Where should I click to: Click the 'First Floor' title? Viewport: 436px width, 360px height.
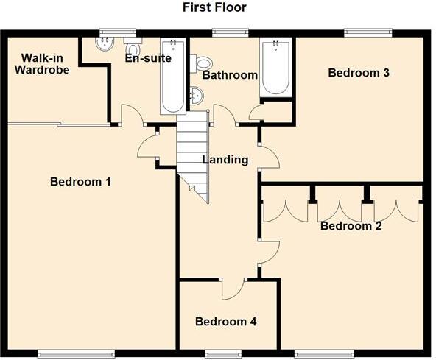coord(214,8)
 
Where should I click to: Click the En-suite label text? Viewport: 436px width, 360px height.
coord(149,58)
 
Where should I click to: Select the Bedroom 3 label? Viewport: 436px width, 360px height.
coord(358,72)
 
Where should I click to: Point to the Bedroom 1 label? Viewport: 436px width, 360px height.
coord(80,182)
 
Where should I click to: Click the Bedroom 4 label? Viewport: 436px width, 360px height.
coord(225,322)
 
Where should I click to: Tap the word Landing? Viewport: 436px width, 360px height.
coord(225,160)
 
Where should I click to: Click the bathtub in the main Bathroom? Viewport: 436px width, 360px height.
coord(275,68)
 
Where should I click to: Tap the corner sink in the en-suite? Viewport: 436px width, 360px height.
coord(104,43)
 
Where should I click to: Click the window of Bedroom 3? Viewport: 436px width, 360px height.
coord(366,32)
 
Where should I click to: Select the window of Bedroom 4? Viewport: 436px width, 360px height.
coord(218,354)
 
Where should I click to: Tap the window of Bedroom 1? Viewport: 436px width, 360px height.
coord(76,354)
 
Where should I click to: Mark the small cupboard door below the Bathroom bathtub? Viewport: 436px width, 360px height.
coord(256,113)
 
